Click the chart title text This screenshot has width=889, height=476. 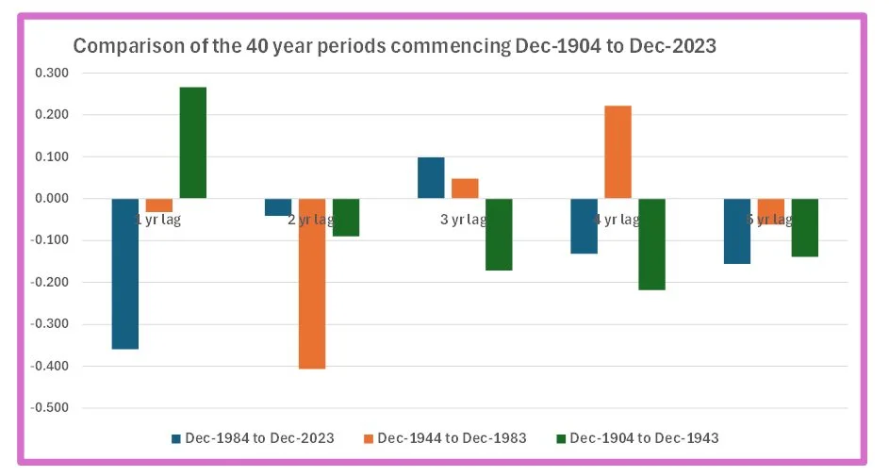(395, 46)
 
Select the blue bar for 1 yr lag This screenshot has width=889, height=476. (125, 273)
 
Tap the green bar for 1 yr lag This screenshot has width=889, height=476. (193, 143)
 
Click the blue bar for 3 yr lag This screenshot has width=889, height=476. (431, 178)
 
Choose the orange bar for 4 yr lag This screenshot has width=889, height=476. (617, 152)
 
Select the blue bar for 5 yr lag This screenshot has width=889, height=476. (736, 231)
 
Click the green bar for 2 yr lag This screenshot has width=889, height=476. (346, 217)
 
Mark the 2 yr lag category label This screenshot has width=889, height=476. (312, 220)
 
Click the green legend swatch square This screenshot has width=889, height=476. (561, 438)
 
